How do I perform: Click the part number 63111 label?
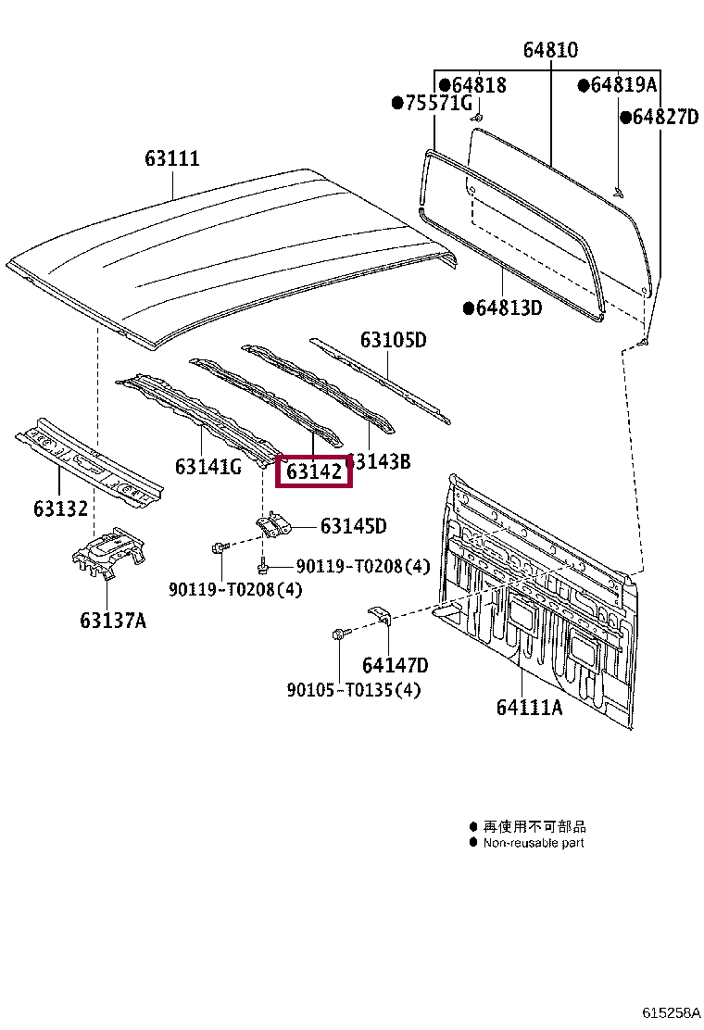(x=171, y=159)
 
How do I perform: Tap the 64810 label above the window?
(x=549, y=51)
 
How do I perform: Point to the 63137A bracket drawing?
(x=109, y=555)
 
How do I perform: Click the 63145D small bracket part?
(x=274, y=525)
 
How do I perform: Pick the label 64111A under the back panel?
(x=529, y=708)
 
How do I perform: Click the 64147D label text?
(x=395, y=665)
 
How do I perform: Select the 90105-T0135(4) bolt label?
(x=353, y=690)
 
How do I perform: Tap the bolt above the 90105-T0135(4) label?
(x=338, y=634)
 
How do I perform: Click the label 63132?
(x=60, y=509)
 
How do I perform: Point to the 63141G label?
(x=207, y=466)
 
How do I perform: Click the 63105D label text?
(x=393, y=340)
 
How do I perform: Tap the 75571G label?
(x=438, y=103)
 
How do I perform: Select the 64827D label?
(x=664, y=117)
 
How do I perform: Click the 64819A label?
(x=623, y=85)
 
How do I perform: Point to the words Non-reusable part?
(x=534, y=843)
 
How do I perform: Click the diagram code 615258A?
(x=673, y=1013)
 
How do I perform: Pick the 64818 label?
(x=479, y=85)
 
